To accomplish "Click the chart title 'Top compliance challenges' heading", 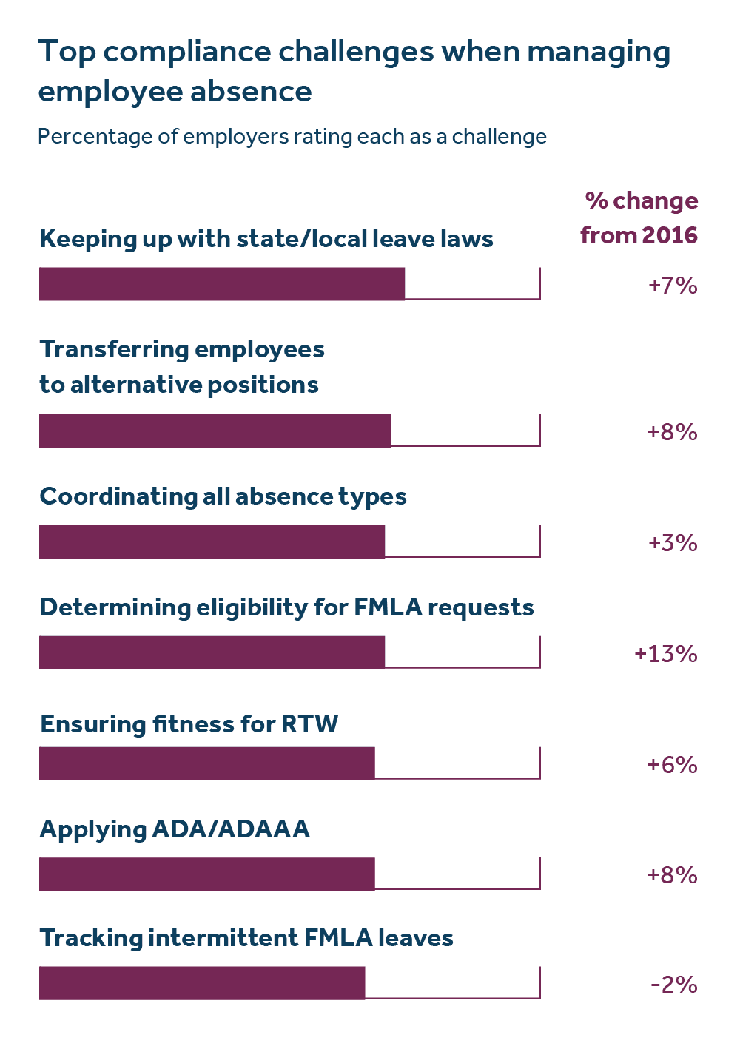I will click(x=354, y=71).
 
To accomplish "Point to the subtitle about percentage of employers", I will click(x=292, y=137).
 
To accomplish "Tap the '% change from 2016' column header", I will click(x=640, y=217).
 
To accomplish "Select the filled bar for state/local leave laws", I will click(x=222, y=284).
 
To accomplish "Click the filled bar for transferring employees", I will click(x=215, y=431).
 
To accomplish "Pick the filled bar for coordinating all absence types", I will click(x=212, y=542).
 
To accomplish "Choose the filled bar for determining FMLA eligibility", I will click(x=212, y=652).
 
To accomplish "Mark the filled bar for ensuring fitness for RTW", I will click(x=207, y=763).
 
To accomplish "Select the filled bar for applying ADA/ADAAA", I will click(x=207, y=874).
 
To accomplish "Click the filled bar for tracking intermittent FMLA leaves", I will click(x=202, y=983).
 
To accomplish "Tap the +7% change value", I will click(x=672, y=286).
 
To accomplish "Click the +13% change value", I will click(x=665, y=654).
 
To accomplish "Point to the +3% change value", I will click(x=672, y=543).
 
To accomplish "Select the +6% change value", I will click(x=672, y=764).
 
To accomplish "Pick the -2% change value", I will click(x=673, y=985).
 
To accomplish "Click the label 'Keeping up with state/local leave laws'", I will click(x=266, y=239).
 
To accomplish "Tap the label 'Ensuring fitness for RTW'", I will click(x=189, y=723).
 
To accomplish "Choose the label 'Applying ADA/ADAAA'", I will click(x=175, y=829).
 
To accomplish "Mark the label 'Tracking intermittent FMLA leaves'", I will click(x=246, y=938).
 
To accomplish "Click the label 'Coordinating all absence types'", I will click(x=223, y=496).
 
